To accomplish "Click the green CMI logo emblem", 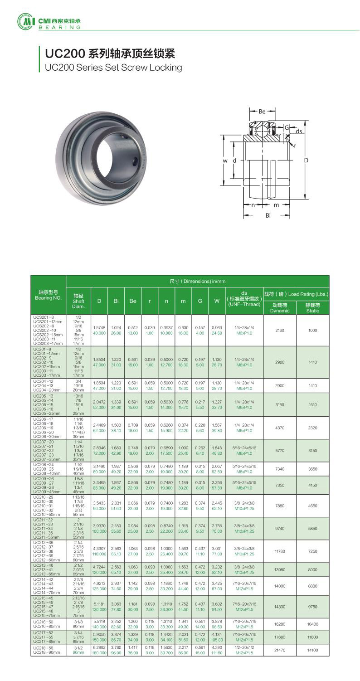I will [25, 21].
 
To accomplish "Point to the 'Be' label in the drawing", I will [262, 111].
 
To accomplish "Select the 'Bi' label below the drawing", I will [268, 216].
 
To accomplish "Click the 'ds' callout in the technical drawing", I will [299, 131].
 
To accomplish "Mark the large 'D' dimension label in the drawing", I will [306, 161].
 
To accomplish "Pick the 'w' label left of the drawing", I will [224, 161].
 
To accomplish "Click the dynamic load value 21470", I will [279, 650].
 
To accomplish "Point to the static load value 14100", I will [312, 650].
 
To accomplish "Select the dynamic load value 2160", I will [279, 331].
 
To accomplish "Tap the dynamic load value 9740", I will [279, 528].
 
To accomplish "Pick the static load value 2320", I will [312, 428].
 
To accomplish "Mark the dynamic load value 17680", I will [279, 637].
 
